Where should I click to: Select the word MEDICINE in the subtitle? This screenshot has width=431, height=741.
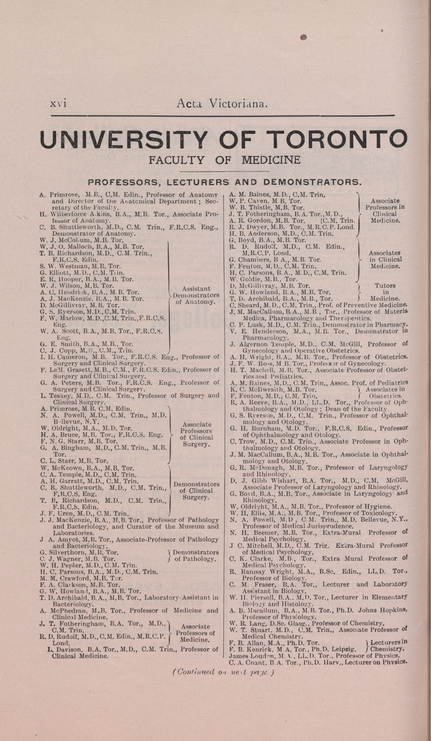point(271,160)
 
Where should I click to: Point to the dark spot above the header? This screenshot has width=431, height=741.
point(304,37)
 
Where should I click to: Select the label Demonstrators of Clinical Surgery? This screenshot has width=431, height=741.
point(197,490)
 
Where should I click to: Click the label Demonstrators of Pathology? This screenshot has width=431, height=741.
point(195,555)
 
